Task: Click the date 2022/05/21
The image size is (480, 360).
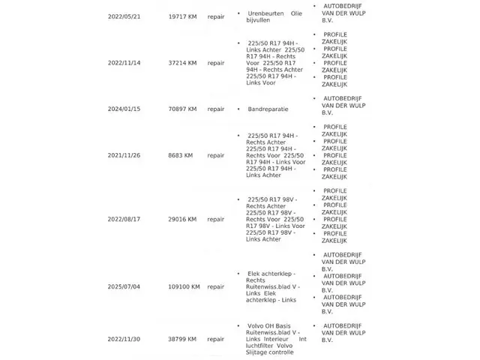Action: click(124, 16)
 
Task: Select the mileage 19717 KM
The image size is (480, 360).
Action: click(182, 16)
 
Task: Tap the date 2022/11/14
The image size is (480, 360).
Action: click(124, 63)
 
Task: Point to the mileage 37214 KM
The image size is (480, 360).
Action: click(182, 63)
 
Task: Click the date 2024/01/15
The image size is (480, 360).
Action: click(124, 109)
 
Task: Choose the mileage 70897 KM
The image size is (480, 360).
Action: click(182, 109)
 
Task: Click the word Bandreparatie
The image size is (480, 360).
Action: click(268, 109)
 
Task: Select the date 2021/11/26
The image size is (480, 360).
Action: click(124, 155)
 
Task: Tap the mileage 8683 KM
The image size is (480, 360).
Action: click(181, 155)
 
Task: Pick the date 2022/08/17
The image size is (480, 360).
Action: click(124, 219)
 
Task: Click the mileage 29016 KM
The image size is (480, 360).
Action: click(182, 219)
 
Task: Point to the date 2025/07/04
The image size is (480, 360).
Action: click(124, 286)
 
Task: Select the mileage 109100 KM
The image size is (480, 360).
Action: click(184, 286)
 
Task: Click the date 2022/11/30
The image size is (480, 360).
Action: click(124, 339)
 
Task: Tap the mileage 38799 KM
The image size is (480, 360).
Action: click(182, 339)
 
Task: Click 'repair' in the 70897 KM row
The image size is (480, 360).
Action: click(216, 109)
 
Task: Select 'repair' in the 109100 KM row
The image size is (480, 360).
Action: click(216, 286)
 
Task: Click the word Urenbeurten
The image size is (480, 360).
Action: click(265, 13)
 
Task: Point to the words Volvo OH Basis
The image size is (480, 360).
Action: click(268, 325)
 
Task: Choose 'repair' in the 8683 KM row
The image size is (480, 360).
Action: click(216, 155)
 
